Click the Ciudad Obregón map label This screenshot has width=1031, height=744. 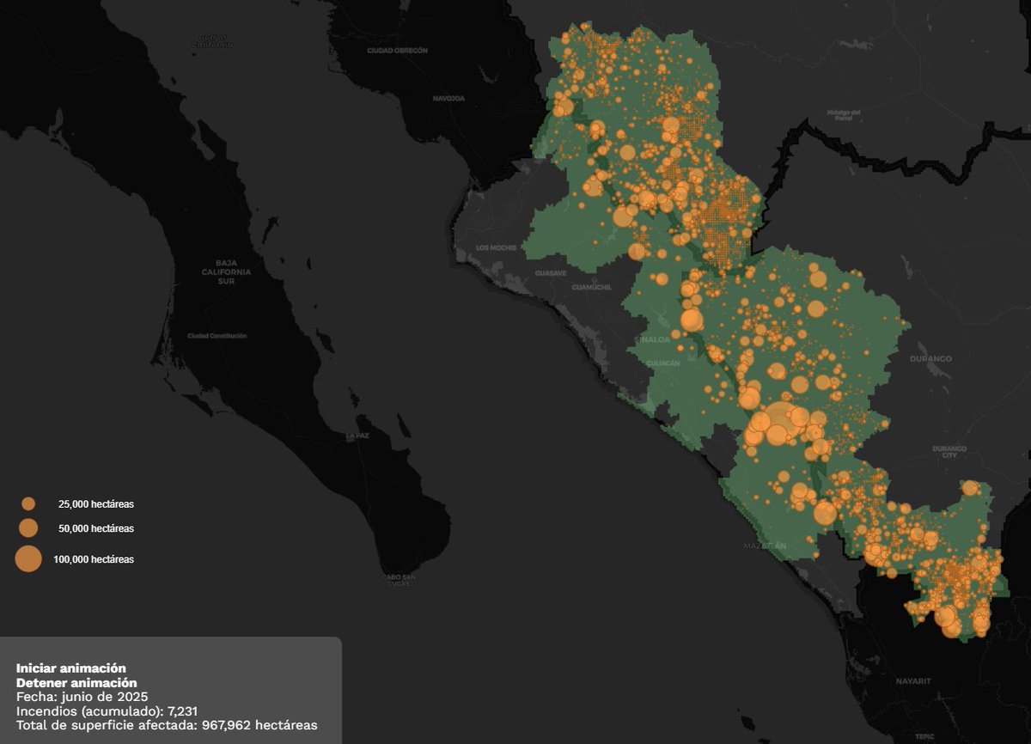coord(397,51)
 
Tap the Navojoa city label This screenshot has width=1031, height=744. coord(448,99)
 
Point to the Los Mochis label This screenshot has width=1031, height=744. coord(496,248)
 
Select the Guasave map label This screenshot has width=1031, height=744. coord(551,272)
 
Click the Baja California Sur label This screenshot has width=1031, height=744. coord(226,271)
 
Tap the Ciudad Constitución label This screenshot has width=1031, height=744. coord(217,336)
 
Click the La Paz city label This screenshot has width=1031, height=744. coord(357,436)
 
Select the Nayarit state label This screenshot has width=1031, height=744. coord(913,680)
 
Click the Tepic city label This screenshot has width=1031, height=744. coord(925,736)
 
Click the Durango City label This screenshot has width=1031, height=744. coord(949,452)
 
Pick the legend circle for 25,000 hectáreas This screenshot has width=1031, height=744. coord(28,504)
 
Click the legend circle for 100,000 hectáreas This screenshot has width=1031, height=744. coord(28,559)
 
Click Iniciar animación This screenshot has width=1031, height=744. coord(71,668)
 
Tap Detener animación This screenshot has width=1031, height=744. coord(76,682)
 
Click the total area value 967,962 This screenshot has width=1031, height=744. coord(226,725)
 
